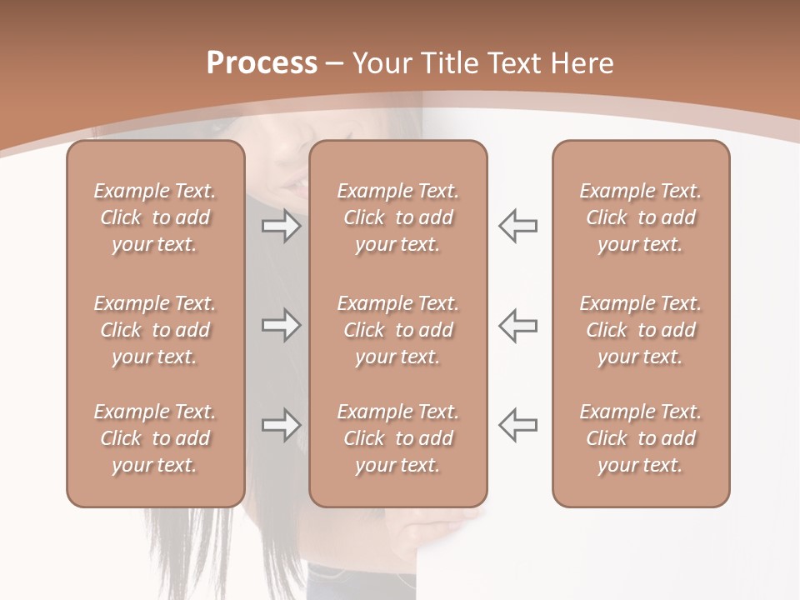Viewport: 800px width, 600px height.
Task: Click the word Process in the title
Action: [x=262, y=62]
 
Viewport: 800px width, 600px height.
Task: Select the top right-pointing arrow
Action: [x=281, y=226]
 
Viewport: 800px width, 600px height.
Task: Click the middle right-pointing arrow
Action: [x=281, y=325]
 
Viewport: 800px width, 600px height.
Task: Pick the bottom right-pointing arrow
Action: [x=281, y=425]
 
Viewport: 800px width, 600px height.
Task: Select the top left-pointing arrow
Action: [x=518, y=226]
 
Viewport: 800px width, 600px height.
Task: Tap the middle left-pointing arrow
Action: [x=518, y=325]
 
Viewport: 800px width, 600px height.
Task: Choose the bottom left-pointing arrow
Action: [x=518, y=425]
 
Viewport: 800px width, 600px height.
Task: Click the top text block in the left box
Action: [x=155, y=217]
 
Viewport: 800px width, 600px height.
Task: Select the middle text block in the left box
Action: [x=155, y=330]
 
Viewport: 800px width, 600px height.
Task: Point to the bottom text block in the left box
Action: [x=155, y=438]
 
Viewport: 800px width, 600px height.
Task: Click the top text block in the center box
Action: [x=397, y=217]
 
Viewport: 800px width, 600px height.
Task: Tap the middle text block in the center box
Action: [x=397, y=330]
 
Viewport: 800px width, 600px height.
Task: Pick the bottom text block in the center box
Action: [x=397, y=438]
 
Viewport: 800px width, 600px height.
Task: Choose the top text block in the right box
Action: [x=640, y=217]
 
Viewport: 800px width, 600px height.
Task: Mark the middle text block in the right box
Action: [x=640, y=330]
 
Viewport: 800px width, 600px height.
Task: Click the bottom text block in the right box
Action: [x=640, y=438]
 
